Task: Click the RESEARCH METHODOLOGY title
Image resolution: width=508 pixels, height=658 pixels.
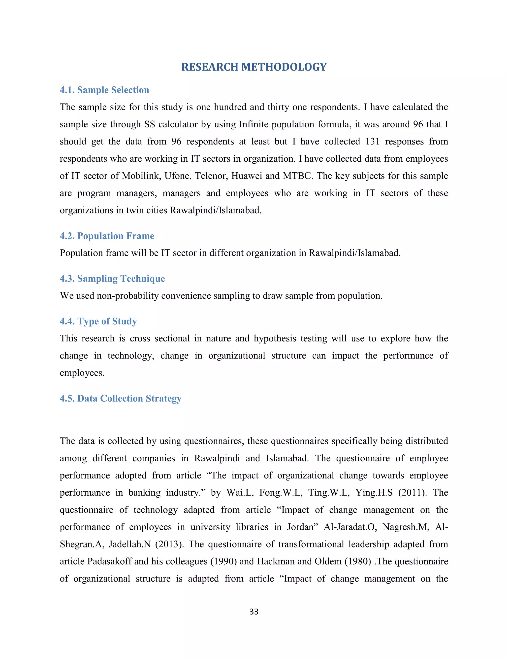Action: coord(254,67)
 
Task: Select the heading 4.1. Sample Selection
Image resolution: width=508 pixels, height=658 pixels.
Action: coord(104,90)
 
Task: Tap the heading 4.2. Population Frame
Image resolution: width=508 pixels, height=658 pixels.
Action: coord(107,236)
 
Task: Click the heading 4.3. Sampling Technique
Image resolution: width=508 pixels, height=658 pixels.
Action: coord(112,278)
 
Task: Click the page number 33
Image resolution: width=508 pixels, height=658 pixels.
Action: coord(254,612)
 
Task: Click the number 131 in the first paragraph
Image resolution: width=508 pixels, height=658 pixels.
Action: coord(372,141)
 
